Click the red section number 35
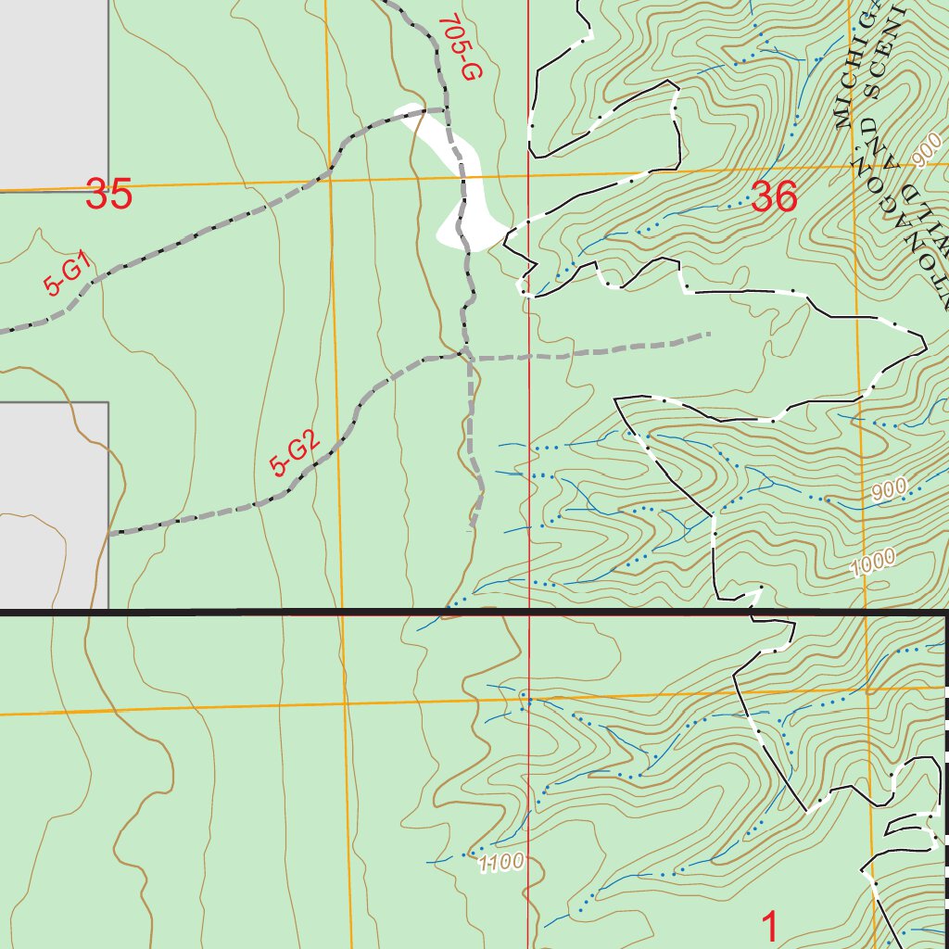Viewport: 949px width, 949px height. point(108,196)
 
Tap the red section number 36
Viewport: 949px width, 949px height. point(774,196)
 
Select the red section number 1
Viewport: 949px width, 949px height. point(769,927)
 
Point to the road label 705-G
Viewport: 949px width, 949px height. point(457,48)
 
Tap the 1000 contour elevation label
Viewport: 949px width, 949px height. point(876,563)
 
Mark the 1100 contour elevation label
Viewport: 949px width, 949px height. point(501,862)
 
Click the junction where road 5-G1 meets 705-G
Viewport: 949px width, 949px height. point(445,110)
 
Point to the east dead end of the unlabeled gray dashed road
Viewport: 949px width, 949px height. point(709,334)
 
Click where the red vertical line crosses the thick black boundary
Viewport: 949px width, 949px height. point(528,613)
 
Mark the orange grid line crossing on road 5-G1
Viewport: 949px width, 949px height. point(329,173)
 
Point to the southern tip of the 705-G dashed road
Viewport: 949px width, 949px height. point(472,526)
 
